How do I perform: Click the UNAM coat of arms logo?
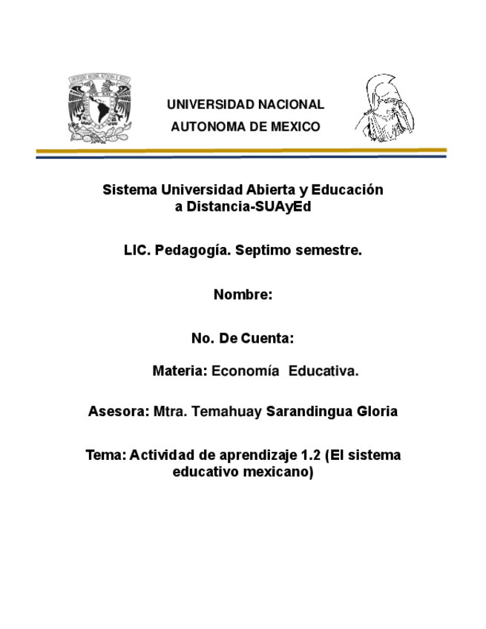pyautogui.click(x=99, y=108)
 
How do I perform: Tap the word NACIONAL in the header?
pyautogui.click(x=289, y=105)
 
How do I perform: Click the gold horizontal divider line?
pyautogui.click(x=241, y=151)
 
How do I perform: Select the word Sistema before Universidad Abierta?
pyautogui.click(x=127, y=190)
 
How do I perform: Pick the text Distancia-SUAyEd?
pyautogui.click(x=248, y=207)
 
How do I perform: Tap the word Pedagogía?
pyautogui.click(x=188, y=251)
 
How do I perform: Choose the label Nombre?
pyautogui.click(x=243, y=294)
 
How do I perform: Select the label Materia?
pyautogui.click(x=180, y=371)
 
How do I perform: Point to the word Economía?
pyautogui.click(x=246, y=371)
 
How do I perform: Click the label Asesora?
pyautogui.click(x=118, y=411)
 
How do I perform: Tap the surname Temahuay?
pyautogui.click(x=226, y=411)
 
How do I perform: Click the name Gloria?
pyautogui.click(x=378, y=411)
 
